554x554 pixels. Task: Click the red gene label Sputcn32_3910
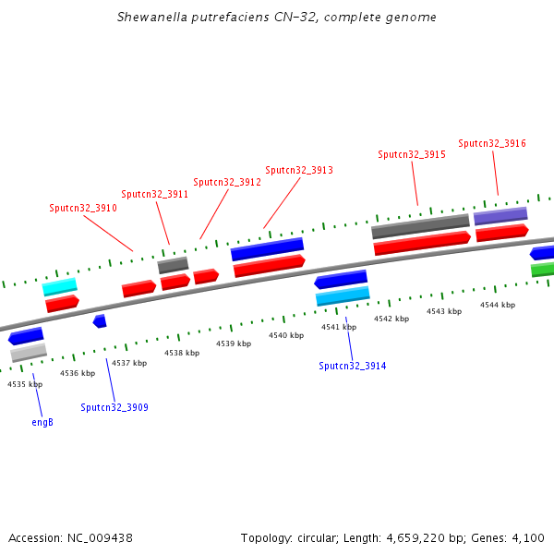click(83, 208)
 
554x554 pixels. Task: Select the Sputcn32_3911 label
click(154, 194)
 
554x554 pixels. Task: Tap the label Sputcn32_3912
click(226, 182)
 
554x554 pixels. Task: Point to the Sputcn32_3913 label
click(298, 170)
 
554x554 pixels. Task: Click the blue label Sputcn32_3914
click(353, 366)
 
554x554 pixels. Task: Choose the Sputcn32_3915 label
click(412, 154)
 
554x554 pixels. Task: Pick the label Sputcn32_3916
click(492, 143)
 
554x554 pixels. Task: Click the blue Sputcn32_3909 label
click(114, 407)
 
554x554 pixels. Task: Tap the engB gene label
click(42, 422)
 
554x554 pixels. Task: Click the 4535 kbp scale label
click(25, 383)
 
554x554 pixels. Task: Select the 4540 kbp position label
click(286, 335)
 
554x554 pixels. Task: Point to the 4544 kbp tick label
click(498, 304)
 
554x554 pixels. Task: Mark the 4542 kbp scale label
click(391, 319)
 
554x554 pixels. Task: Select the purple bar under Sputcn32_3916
click(500, 216)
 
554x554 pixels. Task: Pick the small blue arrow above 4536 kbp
click(100, 320)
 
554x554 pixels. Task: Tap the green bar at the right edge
click(543, 270)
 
